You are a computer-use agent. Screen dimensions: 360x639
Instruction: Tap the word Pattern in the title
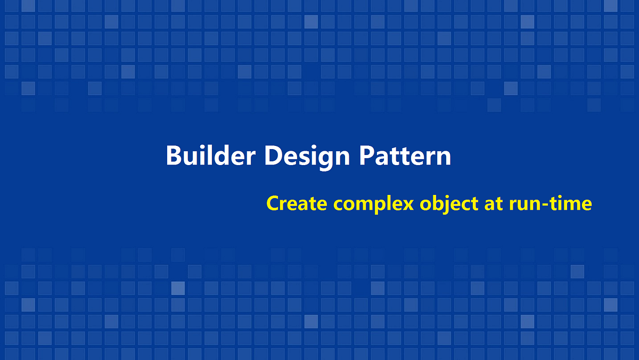(405, 156)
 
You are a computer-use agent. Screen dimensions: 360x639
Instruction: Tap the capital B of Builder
(174, 156)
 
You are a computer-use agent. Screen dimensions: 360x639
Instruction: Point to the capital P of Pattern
(366, 156)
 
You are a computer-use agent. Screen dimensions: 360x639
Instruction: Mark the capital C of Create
(272, 203)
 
